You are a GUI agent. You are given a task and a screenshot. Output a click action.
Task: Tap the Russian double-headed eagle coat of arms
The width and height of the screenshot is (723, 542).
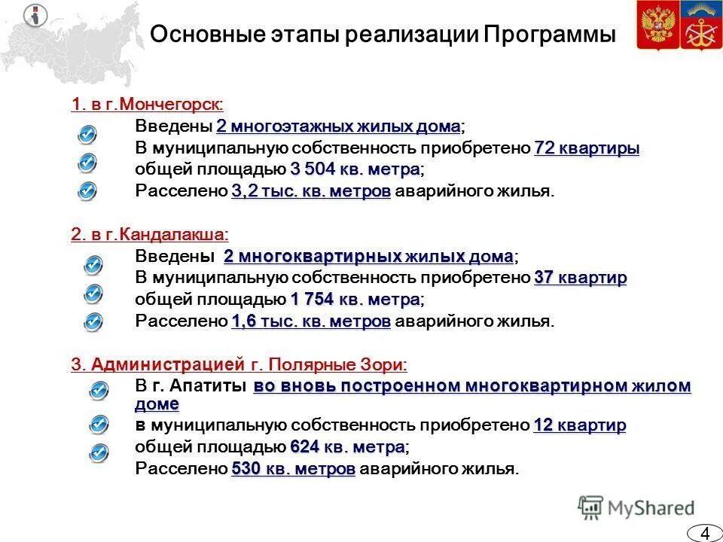click(657, 26)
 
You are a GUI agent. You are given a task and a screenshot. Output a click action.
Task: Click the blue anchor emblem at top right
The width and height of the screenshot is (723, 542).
click(700, 26)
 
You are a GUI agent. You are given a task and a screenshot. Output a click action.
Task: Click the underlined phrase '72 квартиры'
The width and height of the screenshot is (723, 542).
click(587, 148)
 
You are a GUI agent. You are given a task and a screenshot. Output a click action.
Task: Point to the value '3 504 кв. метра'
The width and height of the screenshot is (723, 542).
click(355, 169)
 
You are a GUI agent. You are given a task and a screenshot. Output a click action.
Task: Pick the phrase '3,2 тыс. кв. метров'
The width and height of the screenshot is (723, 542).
click(311, 191)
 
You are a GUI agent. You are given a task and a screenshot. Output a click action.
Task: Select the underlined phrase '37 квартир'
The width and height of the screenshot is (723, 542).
click(580, 279)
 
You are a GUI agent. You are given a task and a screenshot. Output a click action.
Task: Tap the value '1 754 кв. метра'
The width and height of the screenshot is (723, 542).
click(355, 300)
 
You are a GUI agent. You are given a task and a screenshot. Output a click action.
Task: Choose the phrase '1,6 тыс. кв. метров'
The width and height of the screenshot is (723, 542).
click(311, 321)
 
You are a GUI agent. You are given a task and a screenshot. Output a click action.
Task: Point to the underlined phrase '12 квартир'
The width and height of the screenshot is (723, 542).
click(580, 426)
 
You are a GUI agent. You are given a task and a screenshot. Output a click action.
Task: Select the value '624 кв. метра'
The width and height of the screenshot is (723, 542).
click(347, 447)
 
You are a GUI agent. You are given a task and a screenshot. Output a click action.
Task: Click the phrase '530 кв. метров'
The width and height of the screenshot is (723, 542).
click(294, 469)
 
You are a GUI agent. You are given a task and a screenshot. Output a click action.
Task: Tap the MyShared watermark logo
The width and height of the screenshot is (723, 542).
click(636, 507)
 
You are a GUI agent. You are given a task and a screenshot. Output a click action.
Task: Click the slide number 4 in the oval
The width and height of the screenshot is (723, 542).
click(705, 533)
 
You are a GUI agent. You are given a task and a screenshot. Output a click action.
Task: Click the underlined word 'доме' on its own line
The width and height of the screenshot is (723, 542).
click(157, 404)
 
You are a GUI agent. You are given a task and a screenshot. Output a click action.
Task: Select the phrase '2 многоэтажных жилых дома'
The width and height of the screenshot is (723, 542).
click(339, 126)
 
